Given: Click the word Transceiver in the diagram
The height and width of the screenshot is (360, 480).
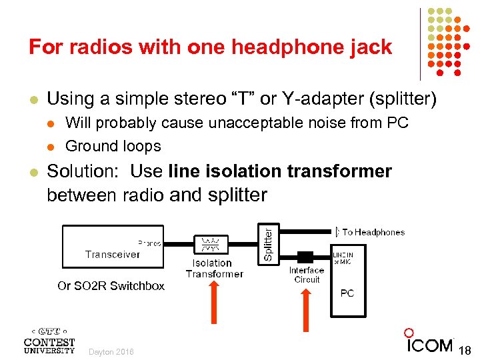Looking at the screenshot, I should tap(112, 254).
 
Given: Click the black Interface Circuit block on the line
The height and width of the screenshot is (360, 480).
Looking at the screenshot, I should tap(305, 257).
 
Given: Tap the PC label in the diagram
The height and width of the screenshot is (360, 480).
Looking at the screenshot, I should tap(347, 293).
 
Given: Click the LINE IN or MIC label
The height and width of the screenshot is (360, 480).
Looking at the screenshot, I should tap(343, 257).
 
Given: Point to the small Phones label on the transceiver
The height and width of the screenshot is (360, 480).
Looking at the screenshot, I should tap(149, 243).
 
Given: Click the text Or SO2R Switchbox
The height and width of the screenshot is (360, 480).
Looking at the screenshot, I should tap(111, 286).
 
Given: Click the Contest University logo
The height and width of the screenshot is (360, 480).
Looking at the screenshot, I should tap(49, 339).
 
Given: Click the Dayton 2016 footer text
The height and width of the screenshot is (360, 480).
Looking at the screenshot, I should tap(111, 352).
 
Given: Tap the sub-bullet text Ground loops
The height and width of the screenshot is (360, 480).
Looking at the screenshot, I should tap(113, 146).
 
